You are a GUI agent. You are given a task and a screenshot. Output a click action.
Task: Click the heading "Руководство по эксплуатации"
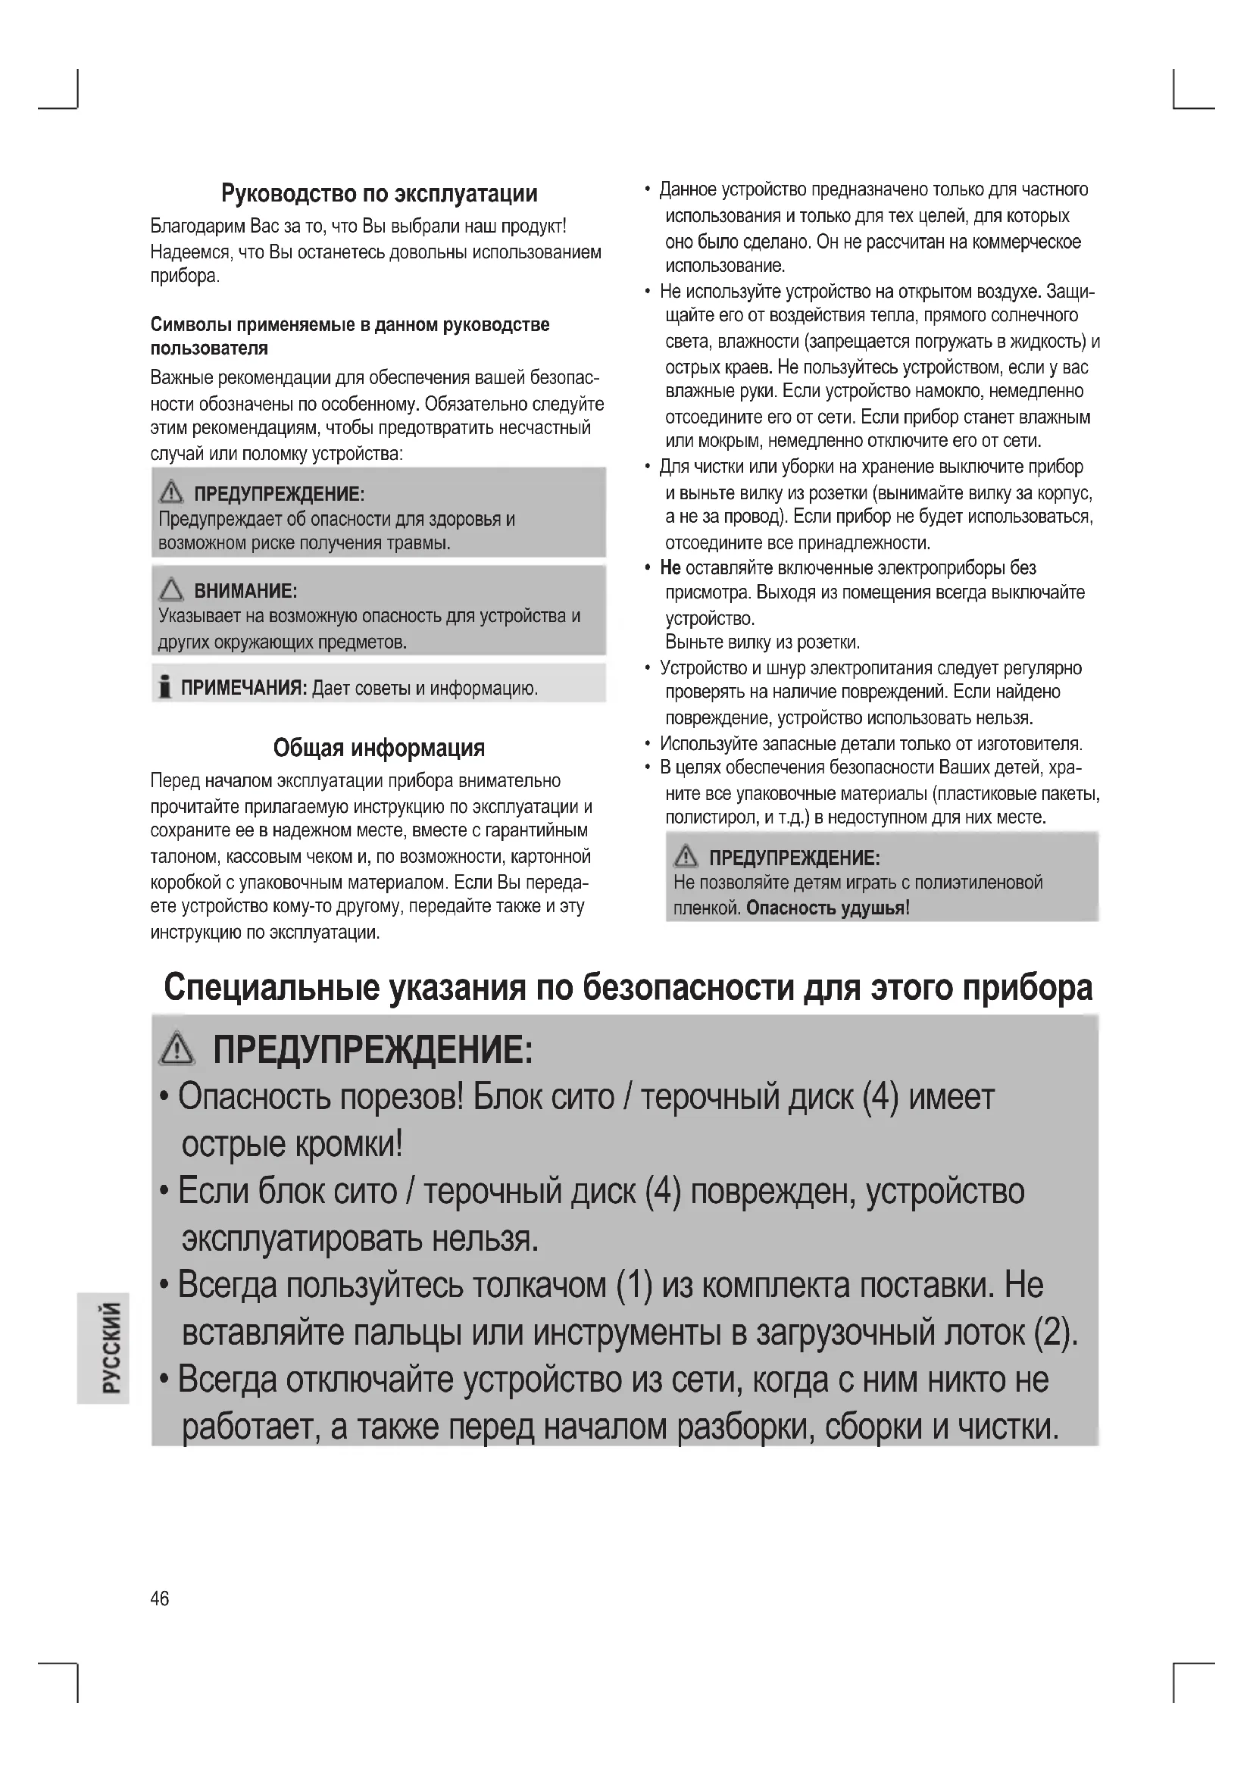pos(379,193)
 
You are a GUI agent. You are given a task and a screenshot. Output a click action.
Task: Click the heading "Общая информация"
pos(379,747)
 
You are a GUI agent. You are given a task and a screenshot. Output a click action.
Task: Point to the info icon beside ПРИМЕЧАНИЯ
pos(164,686)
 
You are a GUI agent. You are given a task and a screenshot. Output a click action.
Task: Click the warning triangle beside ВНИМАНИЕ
pos(171,590)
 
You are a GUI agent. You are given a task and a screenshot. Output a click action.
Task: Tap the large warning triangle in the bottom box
pos(177,1049)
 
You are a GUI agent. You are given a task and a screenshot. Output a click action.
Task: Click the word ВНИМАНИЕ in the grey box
pos(245,591)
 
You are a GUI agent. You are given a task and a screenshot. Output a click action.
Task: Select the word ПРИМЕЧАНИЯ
pos(244,688)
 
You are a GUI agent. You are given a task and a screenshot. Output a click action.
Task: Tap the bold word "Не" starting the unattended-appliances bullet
pos(670,568)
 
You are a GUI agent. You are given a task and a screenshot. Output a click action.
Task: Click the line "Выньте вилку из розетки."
pos(761,642)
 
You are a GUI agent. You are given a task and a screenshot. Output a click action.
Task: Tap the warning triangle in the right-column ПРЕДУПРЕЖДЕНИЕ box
pos(685,856)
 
